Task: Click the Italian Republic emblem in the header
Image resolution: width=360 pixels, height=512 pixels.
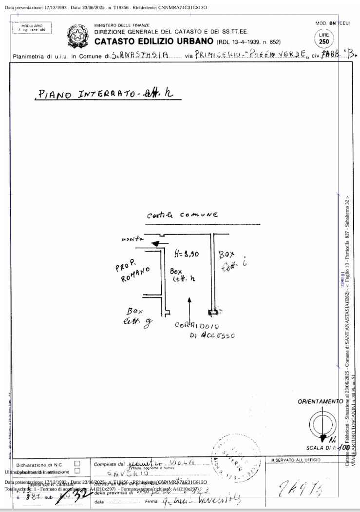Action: (x=76, y=35)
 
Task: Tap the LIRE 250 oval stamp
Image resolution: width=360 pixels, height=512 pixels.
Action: (x=324, y=39)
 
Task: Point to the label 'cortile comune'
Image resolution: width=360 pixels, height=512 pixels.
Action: (x=183, y=215)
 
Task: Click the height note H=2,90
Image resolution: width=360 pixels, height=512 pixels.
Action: (x=186, y=254)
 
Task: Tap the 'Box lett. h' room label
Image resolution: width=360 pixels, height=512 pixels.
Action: (x=182, y=275)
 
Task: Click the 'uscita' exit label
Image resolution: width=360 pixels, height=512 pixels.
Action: (x=132, y=239)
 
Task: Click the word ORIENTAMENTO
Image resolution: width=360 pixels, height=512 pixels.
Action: (x=320, y=401)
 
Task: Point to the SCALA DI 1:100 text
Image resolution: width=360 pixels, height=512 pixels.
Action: (x=327, y=448)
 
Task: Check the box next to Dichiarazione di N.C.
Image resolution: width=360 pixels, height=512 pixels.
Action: (x=77, y=464)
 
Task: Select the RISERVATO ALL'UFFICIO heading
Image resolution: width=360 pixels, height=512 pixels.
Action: (x=296, y=460)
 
